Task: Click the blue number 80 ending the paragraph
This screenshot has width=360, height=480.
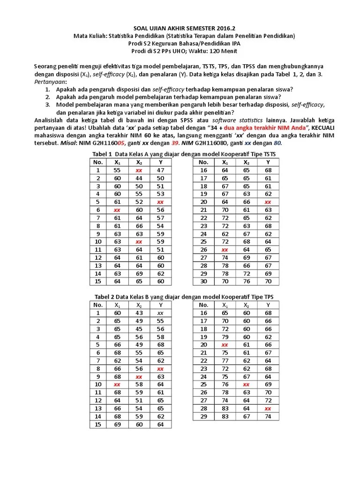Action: [277, 143]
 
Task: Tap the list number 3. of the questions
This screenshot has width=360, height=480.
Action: [48, 105]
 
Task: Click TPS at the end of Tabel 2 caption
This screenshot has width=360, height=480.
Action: [268, 296]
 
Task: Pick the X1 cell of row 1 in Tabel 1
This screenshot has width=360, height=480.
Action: [117, 170]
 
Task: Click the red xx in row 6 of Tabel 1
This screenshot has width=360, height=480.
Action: [117, 210]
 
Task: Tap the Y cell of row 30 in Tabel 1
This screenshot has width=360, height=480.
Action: [268, 281]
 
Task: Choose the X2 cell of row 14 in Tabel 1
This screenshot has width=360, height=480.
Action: [139, 273]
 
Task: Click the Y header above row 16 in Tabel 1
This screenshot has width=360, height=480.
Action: [268, 162]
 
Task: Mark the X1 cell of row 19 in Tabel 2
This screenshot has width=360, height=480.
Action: [225, 337]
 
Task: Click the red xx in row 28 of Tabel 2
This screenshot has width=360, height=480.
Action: [268, 408]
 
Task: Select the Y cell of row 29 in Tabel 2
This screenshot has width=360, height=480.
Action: [268, 416]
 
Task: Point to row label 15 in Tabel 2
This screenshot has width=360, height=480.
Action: [98, 424]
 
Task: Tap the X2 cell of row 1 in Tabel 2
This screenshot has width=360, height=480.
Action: [139, 313]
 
